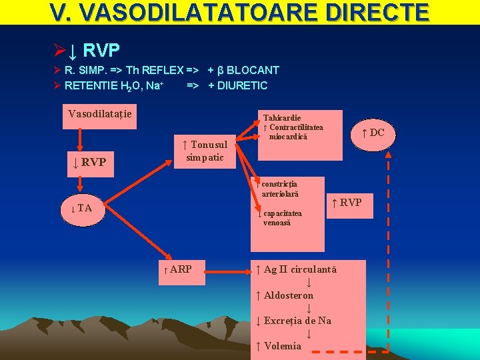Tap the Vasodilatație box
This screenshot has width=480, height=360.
pos(100,114)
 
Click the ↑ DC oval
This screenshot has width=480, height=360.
pos(373,133)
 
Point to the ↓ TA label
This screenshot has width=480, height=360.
pos(81,208)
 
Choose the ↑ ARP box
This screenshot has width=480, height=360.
pos(177,269)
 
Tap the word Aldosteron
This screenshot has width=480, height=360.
pos(289,295)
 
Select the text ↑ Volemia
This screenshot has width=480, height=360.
pos(279,345)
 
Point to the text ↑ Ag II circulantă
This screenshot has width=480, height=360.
pos(297,269)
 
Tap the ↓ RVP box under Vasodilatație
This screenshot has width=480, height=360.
pos(89,162)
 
